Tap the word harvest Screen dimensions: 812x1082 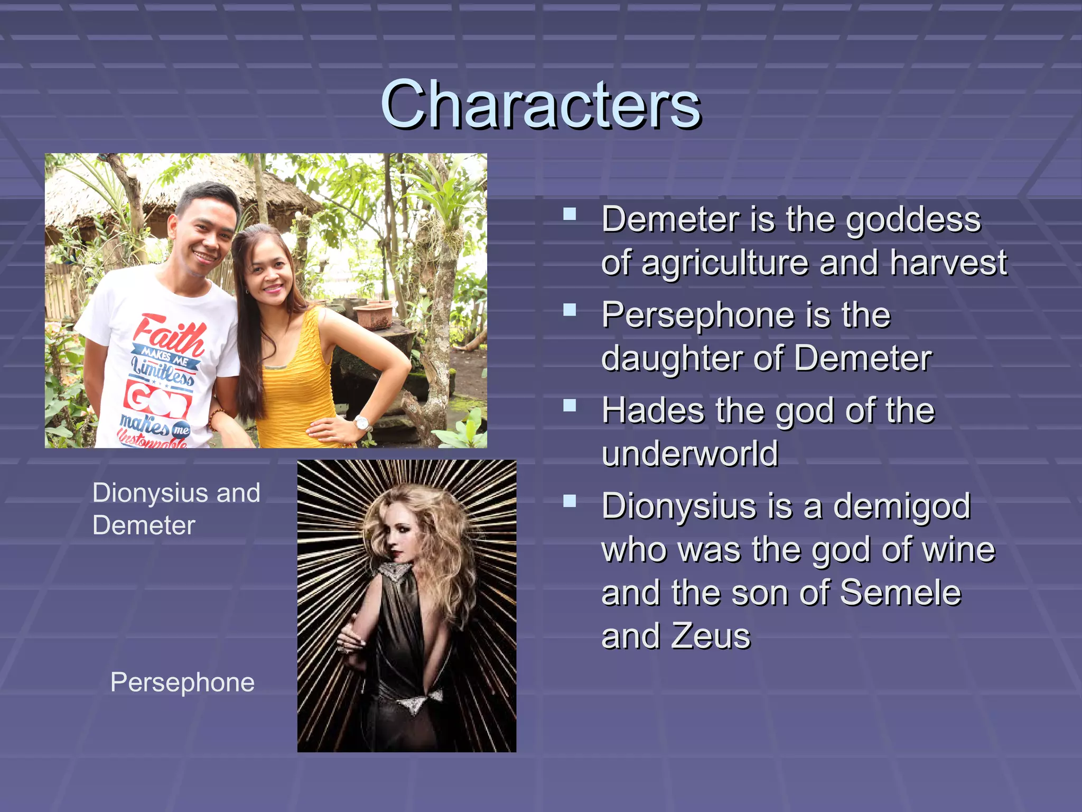[x=948, y=263]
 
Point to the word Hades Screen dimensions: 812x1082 [x=653, y=411]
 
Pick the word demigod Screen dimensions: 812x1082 [x=901, y=506]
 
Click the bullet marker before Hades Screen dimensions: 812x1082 [x=570, y=405]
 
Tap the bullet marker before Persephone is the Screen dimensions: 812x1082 [x=570, y=310]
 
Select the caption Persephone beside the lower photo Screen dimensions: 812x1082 [x=182, y=682]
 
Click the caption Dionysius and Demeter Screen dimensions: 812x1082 [x=176, y=509]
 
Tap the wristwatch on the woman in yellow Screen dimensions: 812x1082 [x=362, y=423]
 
